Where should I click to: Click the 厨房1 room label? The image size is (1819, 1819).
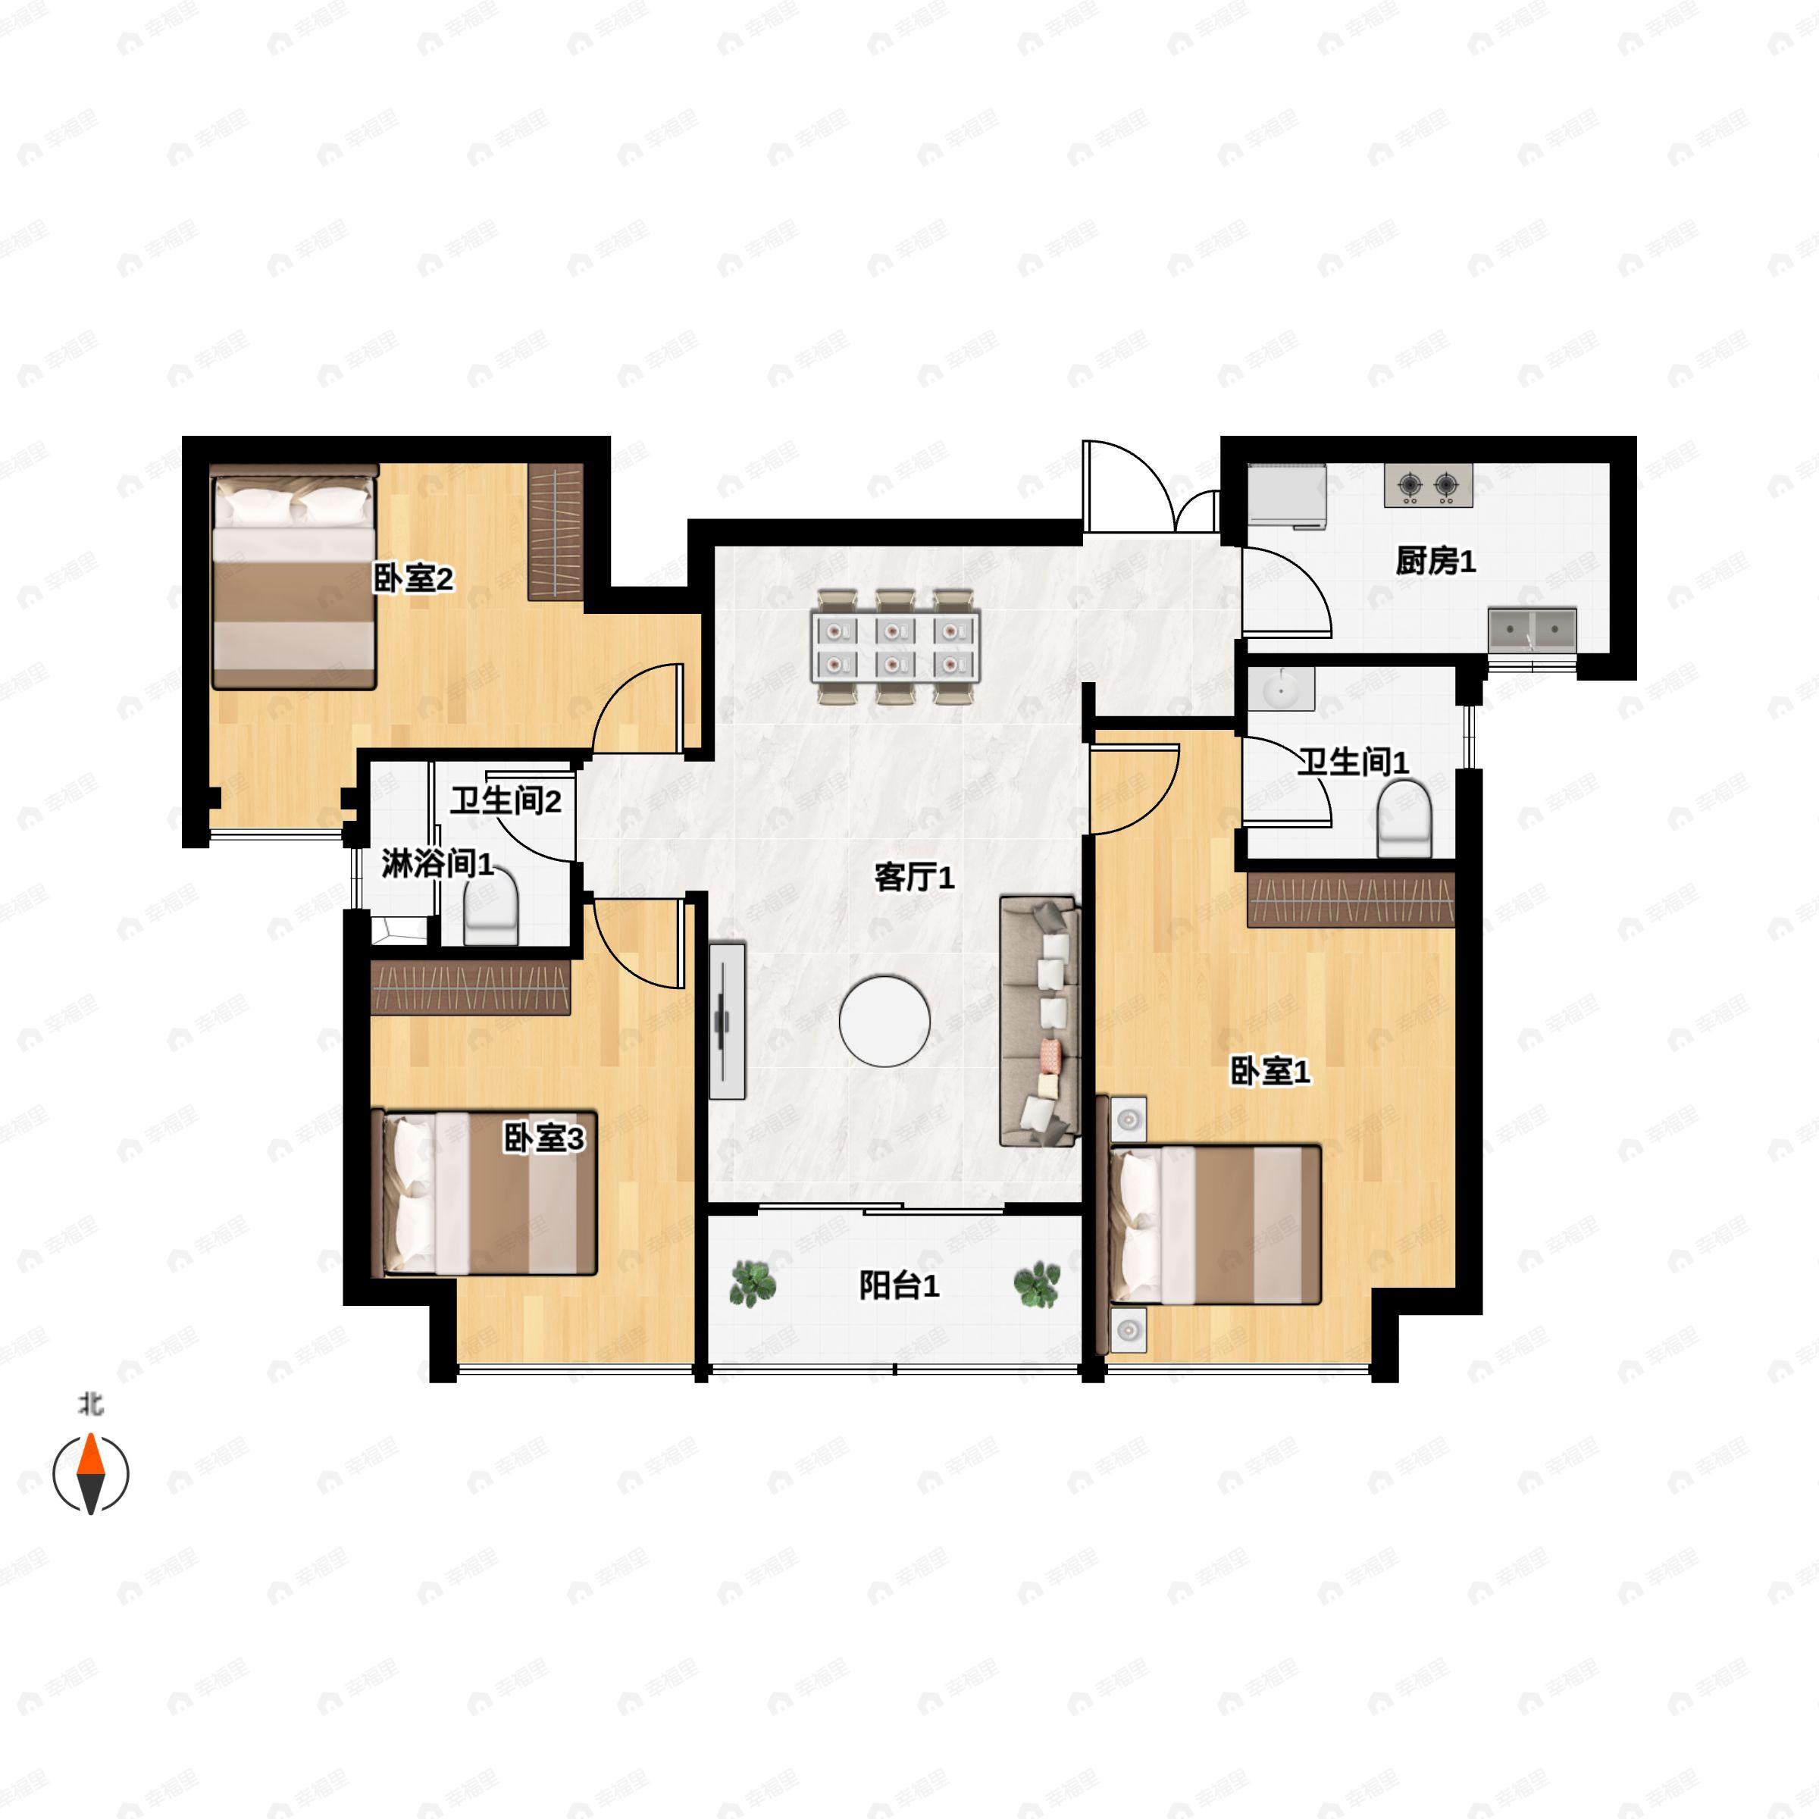click(1435, 561)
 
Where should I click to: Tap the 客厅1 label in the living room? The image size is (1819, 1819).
click(914, 878)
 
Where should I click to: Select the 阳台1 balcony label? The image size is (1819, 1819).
click(899, 1285)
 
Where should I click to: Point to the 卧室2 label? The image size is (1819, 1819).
click(413, 578)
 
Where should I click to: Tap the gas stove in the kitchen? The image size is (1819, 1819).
click(1428, 486)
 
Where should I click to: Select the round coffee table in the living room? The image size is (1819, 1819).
click(885, 1022)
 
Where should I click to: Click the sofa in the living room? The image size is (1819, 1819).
click(1038, 1022)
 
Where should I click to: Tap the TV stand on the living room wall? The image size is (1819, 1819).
click(727, 1021)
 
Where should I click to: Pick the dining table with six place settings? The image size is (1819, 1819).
click(895, 647)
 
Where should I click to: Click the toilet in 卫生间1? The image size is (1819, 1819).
click(1404, 819)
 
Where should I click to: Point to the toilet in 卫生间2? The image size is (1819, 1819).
click(491, 906)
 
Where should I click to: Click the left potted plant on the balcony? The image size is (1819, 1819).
click(753, 1284)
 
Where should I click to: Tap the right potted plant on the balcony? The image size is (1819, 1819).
click(1037, 1284)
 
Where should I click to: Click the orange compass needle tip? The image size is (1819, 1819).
click(90, 1435)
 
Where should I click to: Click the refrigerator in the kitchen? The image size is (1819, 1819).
click(1287, 494)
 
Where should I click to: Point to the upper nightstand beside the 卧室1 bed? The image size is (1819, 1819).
click(1128, 1119)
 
